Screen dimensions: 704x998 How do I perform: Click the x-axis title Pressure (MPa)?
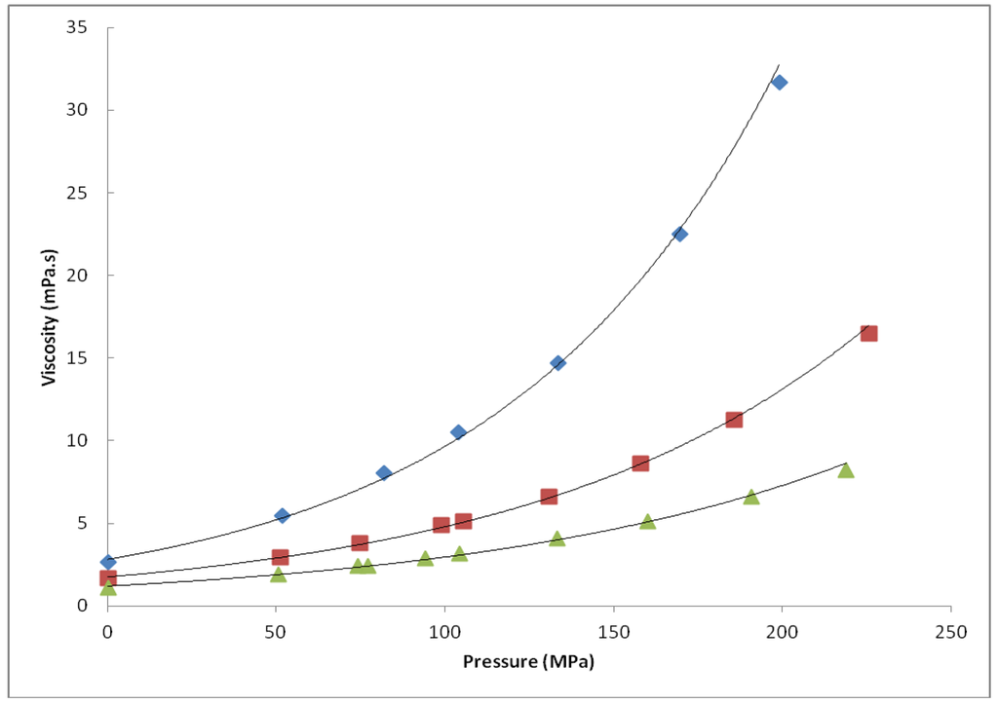[528, 662]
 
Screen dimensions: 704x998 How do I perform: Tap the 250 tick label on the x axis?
[950, 632]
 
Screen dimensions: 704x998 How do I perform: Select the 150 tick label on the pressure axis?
[613, 632]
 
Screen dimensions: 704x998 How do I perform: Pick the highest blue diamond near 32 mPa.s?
[779, 82]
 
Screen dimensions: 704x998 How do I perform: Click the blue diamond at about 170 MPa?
[679, 234]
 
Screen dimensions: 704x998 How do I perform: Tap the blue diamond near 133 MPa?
[557, 362]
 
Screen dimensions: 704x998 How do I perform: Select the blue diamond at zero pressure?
[108, 562]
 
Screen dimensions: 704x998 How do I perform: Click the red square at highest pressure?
[868, 333]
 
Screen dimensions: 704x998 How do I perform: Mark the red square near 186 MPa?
[734, 420]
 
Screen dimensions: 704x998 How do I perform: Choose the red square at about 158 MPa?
[640, 463]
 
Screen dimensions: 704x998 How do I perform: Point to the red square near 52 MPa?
[281, 557]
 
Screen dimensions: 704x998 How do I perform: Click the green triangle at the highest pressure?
[846, 470]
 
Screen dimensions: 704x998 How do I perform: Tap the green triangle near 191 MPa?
[751, 497]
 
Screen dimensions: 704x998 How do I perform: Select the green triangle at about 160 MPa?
[647, 521]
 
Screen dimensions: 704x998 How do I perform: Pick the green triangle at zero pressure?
[108, 587]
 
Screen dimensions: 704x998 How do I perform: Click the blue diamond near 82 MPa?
[384, 473]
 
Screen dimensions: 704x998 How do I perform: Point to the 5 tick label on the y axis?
[82, 523]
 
